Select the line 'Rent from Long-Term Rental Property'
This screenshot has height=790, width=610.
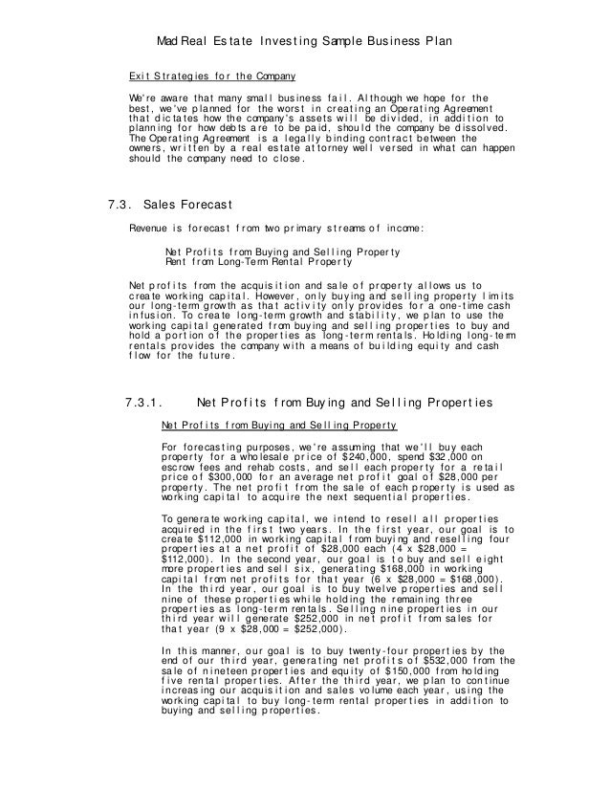[258, 260]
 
